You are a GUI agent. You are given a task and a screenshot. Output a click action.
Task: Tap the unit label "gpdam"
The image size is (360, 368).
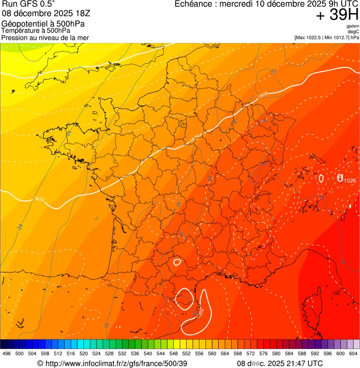(x=353, y=26)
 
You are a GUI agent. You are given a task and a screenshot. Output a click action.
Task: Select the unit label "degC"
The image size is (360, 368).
(x=354, y=31)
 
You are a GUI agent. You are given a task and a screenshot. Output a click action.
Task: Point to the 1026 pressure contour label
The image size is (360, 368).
(x=350, y=180)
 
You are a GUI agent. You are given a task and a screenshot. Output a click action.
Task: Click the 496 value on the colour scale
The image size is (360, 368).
(x=7, y=354)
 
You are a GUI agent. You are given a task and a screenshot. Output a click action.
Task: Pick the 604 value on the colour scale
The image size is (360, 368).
(x=353, y=354)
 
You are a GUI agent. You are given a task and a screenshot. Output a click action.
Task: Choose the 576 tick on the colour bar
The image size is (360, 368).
(x=263, y=354)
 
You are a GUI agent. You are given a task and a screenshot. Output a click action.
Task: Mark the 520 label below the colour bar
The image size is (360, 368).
(x=83, y=354)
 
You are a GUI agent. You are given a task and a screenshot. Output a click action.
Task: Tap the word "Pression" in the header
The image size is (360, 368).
(x=15, y=37)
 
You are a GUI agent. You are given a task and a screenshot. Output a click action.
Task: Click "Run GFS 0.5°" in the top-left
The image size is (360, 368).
(x=28, y=4)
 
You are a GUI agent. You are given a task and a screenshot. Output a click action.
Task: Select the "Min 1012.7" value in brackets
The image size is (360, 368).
(x=338, y=37)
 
